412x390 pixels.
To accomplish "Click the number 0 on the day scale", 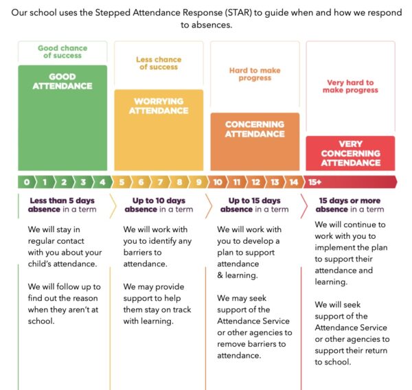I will point(26,182).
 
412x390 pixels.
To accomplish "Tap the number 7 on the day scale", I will point(161,182).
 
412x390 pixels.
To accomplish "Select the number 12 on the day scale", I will point(255,182).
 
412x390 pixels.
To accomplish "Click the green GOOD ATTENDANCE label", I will point(62,81).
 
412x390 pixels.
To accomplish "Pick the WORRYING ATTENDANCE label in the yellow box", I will point(159,106).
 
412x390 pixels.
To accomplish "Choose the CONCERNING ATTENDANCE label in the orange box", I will point(255,129).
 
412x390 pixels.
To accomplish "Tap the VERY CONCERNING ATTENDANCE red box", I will point(350,153).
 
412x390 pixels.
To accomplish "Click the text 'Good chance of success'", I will point(62,52).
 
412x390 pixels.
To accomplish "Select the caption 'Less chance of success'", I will point(159,63).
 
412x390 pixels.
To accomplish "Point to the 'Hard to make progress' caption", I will point(255,73).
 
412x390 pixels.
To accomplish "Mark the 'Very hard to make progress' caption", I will point(350,87).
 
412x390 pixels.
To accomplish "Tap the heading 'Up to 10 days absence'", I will point(159,205).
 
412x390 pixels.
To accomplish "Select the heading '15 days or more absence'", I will point(350,205).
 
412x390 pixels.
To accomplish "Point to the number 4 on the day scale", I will point(102,182).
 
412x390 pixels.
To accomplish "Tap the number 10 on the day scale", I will point(218,182).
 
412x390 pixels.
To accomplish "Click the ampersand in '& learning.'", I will point(220,275).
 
